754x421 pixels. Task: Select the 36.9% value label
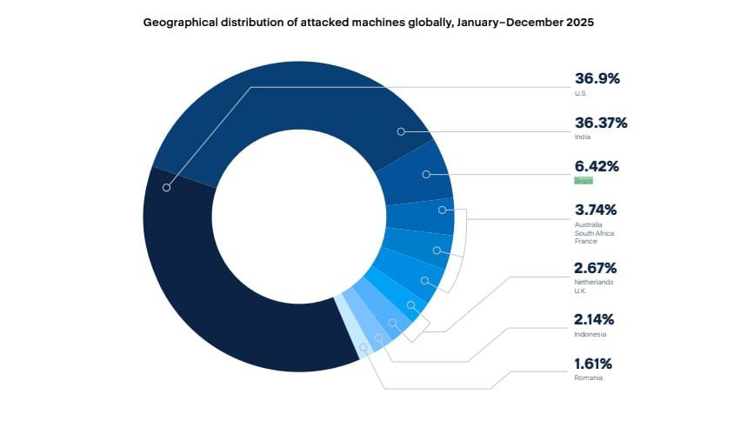[597, 78]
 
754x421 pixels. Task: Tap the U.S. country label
[580, 92]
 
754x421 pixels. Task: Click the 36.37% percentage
[600, 123]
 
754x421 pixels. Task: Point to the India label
[581, 137]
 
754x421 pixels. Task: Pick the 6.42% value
[597, 166]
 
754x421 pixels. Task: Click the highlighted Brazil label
[583, 180]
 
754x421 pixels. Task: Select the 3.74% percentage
[597, 210]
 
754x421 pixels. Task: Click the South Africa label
[591, 233]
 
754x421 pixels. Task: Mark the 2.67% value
[597, 268]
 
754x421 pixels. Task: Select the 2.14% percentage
[597, 319]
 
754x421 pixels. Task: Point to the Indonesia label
[589, 334]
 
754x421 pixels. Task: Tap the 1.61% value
[596, 364]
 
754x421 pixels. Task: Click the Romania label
[588, 378]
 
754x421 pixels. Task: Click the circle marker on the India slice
[401, 131]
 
